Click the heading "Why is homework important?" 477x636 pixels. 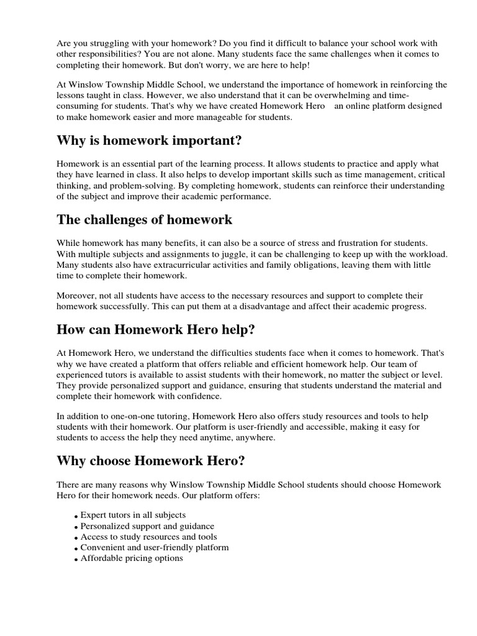[148, 140]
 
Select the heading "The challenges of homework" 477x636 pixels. [144, 219]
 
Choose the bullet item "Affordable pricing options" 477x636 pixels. [132, 558]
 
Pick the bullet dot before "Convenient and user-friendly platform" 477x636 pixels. [75, 549]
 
